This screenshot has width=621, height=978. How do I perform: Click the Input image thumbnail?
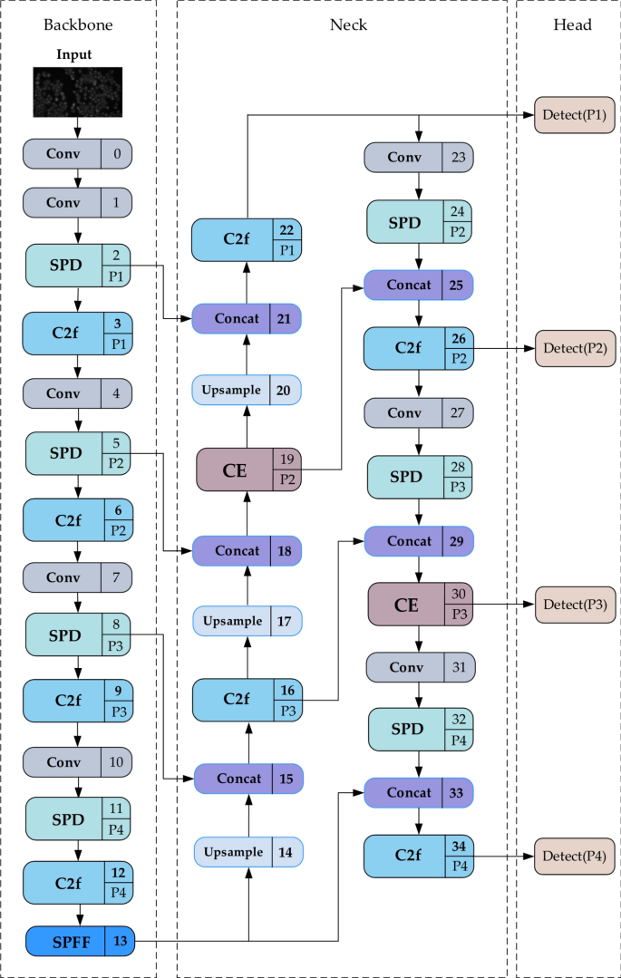click(x=77, y=92)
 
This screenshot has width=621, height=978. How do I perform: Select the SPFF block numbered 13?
click(x=78, y=942)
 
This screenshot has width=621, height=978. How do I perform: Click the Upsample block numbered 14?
click(x=247, y=852)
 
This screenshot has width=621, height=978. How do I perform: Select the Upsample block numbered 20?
click(x=247, y=390)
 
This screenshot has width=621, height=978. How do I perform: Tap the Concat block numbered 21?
click(x=247, y=319)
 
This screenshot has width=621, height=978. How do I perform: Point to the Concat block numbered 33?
click(x=419, y=792)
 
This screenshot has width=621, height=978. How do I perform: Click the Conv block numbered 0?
click(x=77, y=153)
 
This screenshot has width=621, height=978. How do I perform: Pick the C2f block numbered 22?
click(x=247, y=240)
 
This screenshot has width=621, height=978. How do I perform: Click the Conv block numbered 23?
click(x=419, y=158)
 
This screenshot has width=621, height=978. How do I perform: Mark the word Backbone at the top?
click(x=78, y=25)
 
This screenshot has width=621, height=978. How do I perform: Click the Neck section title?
click(x=348, y=25)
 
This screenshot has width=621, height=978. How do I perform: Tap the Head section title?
click(x=572, y=25)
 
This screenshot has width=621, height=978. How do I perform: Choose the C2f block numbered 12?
click(x=78, y=883)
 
